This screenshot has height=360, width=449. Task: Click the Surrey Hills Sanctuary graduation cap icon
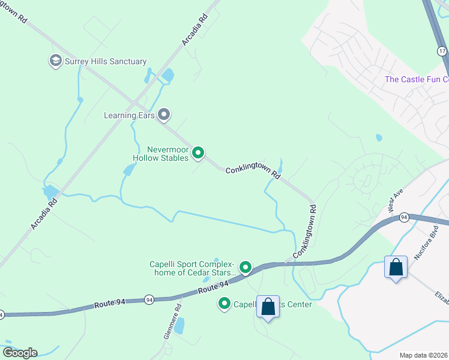[x=56, y=61]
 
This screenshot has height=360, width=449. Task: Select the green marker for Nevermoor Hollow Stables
[x=198, y=154]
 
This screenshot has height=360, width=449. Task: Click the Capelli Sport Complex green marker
[x=245, y=267]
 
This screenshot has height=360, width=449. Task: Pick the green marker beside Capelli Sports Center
[x=224, y=305]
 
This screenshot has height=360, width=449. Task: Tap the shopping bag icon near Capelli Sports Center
[x=268, y=307]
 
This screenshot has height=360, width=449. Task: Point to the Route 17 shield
[x=442, y=52]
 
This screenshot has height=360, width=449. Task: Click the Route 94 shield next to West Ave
[x=405, y=217]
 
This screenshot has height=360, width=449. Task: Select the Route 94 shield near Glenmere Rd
[x=148, y=299]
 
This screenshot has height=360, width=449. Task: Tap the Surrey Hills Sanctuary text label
[x=106, y=61]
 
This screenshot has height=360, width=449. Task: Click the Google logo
[x=20, y=353]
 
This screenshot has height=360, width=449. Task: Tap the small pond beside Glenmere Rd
[x=180, y=325]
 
